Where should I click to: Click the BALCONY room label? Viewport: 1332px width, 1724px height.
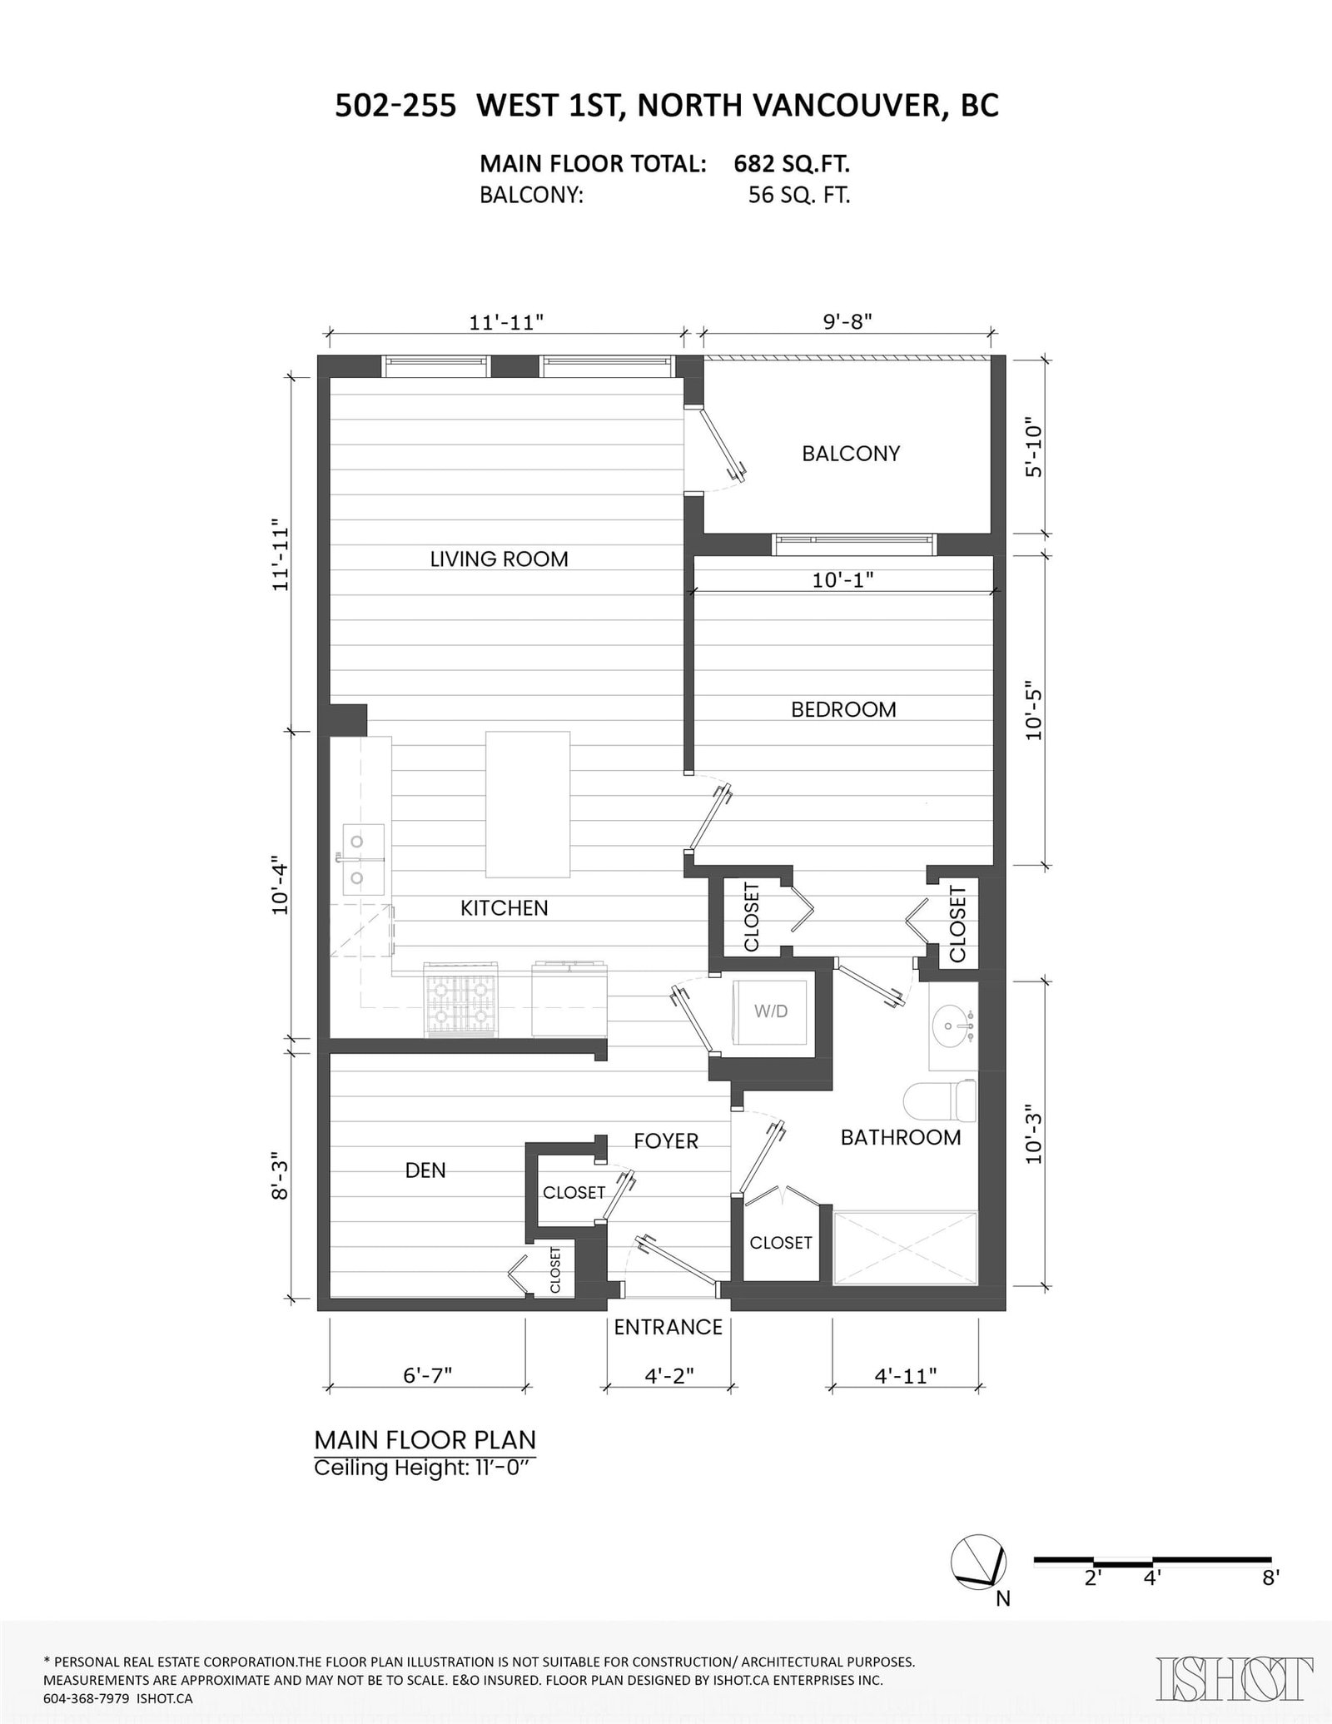(851, 454)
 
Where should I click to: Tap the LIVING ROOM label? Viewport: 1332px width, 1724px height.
(499, 559)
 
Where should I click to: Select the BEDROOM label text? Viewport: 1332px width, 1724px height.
(843, 709)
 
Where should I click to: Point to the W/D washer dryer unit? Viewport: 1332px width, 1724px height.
(770, 1011)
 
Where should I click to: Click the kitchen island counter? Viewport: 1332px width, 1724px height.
(528, 804)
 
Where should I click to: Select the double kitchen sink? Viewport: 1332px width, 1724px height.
(364, 859)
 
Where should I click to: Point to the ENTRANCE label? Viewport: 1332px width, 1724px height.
(668, 1327)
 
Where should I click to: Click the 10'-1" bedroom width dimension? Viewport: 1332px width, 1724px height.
(843, 579)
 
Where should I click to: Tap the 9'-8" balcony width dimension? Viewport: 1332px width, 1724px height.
(847, 321)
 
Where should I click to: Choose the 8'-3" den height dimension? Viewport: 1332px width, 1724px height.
(281, 1176)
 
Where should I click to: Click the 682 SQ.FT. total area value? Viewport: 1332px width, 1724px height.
(791, 163)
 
